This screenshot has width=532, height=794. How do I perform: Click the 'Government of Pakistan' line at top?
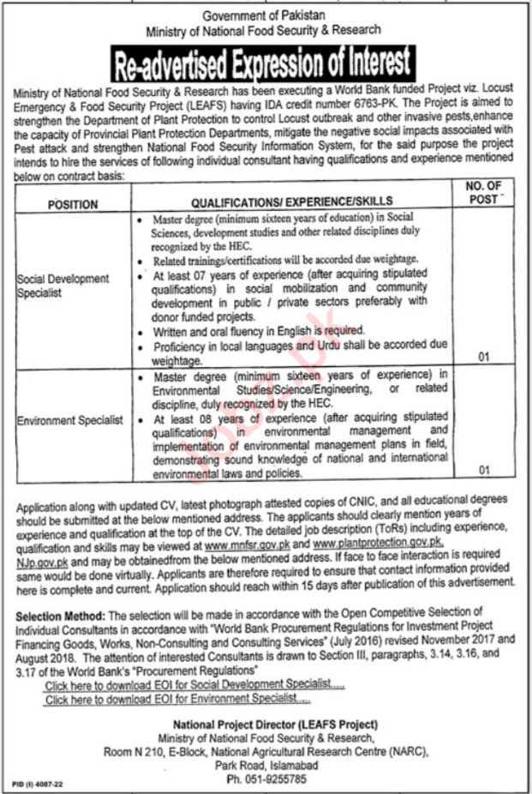point(264,15)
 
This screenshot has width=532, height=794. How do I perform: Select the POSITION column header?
point(73,205)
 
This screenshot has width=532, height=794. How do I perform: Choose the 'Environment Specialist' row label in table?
point(70,420)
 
